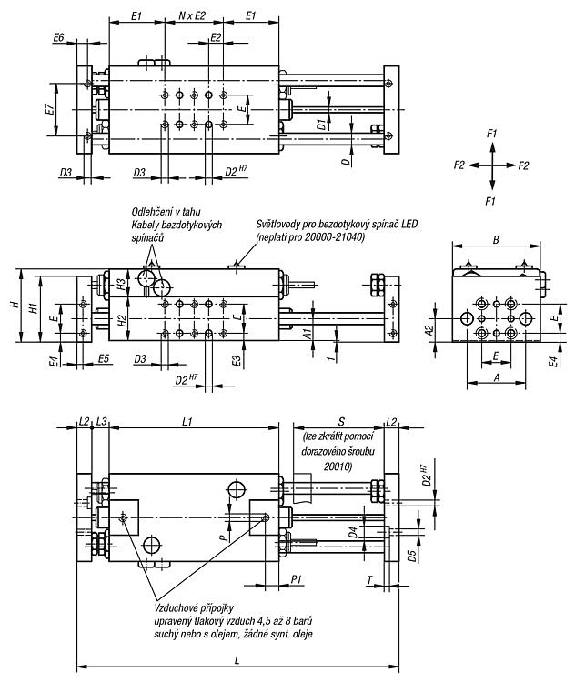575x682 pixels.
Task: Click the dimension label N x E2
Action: [x=192, y=16]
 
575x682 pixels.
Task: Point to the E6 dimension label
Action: [x=59, y=38]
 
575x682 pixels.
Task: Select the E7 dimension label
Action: [x=50, y=110]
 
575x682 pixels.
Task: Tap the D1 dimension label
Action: [x=321, y=124]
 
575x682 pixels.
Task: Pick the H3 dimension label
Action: [x=122, y=284]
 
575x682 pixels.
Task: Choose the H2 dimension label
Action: [x=122, y=321]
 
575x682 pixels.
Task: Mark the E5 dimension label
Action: [x=104, y=359]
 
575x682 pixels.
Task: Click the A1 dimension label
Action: [x=308, y=334]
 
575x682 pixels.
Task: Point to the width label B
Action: [x=496, y=239]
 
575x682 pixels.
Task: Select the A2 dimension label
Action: [x=430, y=331]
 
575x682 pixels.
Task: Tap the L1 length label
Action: [x=187, y=421]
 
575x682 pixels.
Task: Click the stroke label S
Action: [x=342, y=421]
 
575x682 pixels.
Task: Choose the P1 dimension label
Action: [x=297, y=579]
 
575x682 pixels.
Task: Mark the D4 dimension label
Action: [x=353, y=532]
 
